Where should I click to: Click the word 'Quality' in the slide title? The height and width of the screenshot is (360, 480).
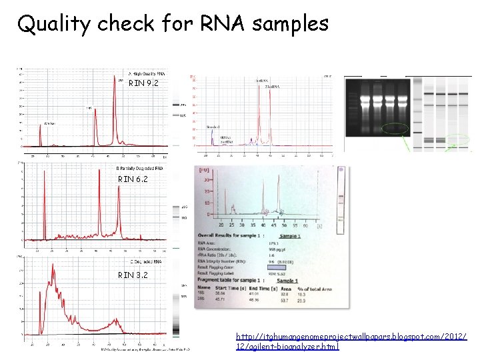click(53, 24)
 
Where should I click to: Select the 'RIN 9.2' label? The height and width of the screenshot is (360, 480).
click(142, 83)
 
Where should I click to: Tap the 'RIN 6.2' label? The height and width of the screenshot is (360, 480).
click(133, 179)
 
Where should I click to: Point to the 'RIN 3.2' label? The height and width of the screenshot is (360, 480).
click(133, 275)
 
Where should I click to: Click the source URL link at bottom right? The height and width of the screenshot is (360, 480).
click(352, 341)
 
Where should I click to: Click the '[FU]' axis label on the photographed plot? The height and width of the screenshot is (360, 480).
click(204, 171)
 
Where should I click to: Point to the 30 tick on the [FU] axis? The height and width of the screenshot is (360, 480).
click(207, 179)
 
